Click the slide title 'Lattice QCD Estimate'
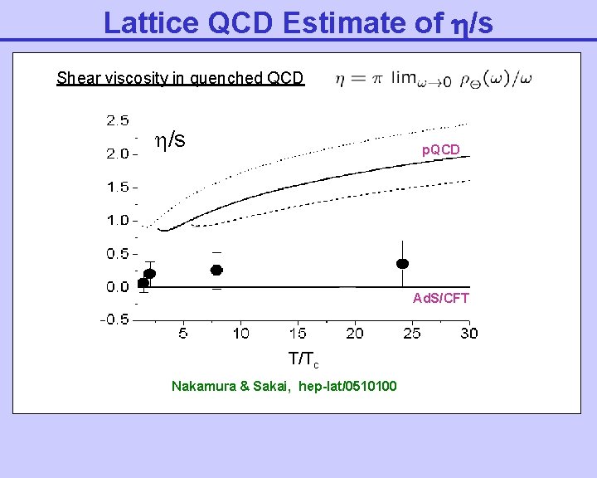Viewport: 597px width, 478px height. pyautogui.click(x=298, y=22)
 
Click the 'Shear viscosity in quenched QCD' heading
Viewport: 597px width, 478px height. pyautogui.click(x=180, y=79)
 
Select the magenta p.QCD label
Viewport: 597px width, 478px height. pyautogui.click(x=441, y=150)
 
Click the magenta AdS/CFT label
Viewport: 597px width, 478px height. pyautogui.click(x=441, y=298)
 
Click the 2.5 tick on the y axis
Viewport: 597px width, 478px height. pyautogui.click(x=117, y=120)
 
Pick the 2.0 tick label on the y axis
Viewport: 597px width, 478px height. pyautogui.click(x=117, y=154)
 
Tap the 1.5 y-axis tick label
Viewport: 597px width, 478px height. pyautogui.click(x=117, y=187)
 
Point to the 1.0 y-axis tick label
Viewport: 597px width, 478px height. pyautogui.click(x=117, y=220)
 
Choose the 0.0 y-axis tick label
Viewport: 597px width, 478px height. pyautogui.click(x=117, y=286)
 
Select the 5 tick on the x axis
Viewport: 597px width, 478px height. pyautogui.click(x=183, y=334)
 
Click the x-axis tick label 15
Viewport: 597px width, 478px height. pyautogui.click(x=298, y=334)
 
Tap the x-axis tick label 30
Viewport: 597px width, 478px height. pyautogui.click(x=468, y=334)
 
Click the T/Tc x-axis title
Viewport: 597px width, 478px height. pyautogui.click(x=303, y=359)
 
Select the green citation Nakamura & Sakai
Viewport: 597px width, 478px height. pyautogui.click(x=284, y=386)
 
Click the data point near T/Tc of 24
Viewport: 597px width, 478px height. pyautogui.click(x=403, y=263)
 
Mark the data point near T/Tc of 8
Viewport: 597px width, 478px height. pyautogui.click(x=216, y=270)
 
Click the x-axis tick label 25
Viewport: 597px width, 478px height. pyautogui.click(x=411, y=334)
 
